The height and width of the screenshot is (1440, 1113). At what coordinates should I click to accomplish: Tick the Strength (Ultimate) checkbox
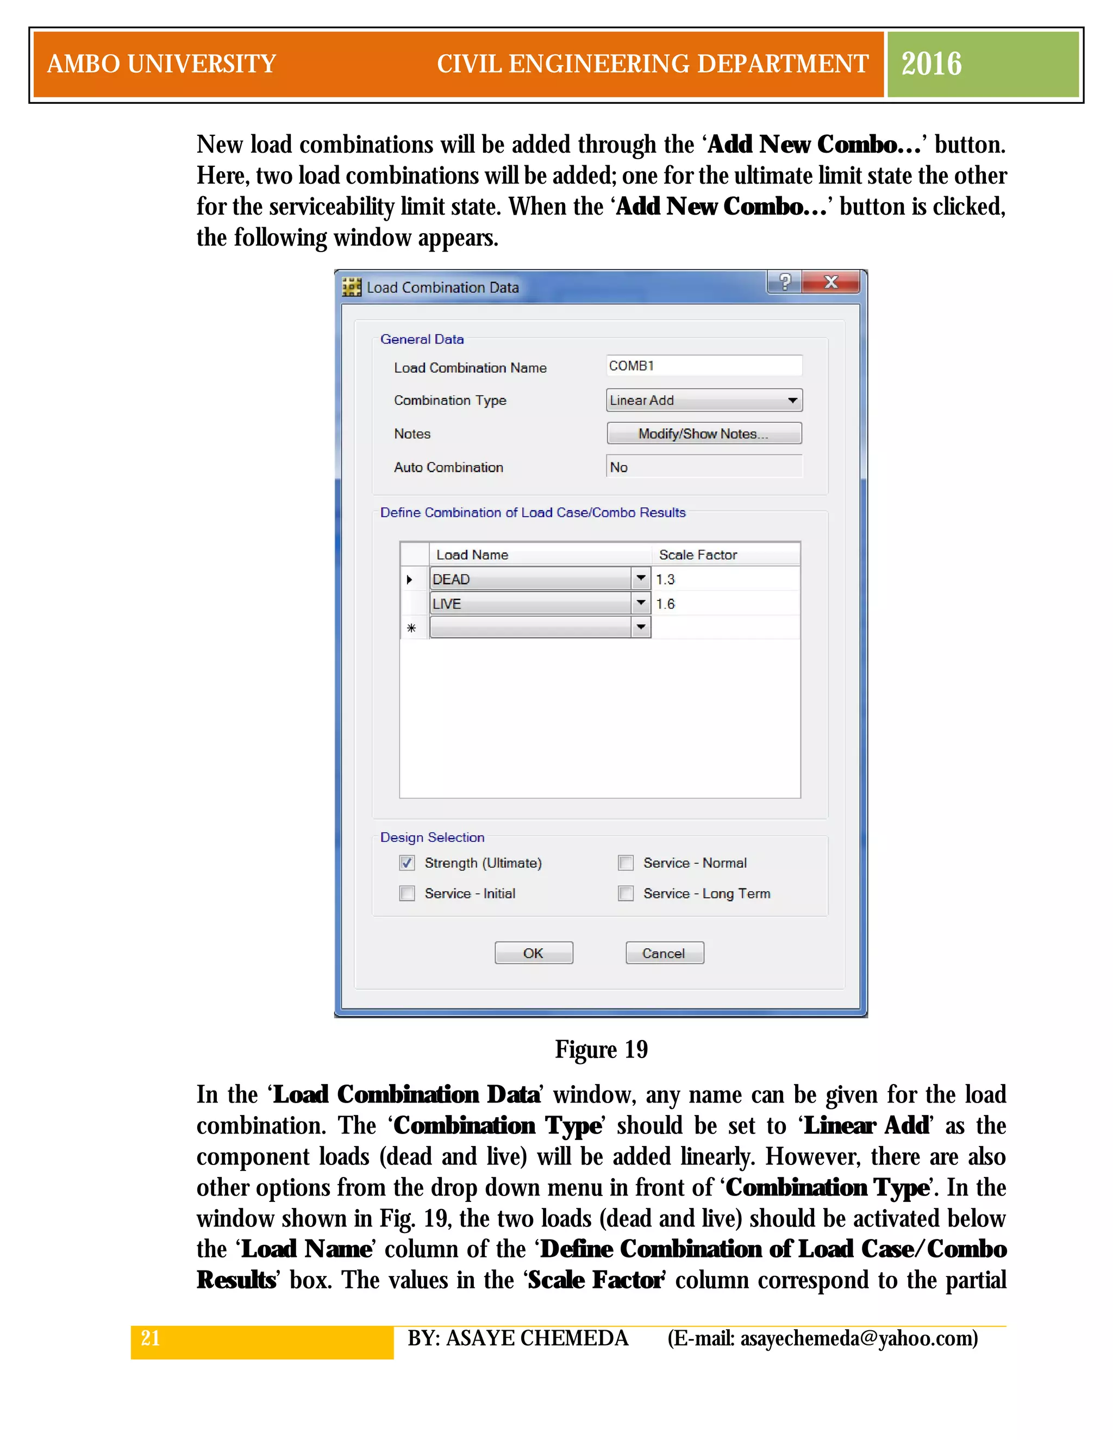click(x=408, y=862)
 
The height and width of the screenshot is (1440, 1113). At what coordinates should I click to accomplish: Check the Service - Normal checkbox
click(x=626, y=862)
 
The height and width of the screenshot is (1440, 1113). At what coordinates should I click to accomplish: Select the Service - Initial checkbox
click(x=408, y=893)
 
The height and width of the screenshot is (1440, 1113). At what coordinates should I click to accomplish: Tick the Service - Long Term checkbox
click(x=626, y=893)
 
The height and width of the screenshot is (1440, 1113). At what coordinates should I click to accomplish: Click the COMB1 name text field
click(x=704, y=366)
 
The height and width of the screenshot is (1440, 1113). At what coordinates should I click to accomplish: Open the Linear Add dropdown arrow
click(x=792, y=400)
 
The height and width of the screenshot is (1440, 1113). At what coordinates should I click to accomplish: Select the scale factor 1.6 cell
click(x=726, y=604)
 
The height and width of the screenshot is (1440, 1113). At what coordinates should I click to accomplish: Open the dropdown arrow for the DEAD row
click(x=640, y=578)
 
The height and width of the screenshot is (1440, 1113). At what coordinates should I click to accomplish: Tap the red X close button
click(x=831, y=282)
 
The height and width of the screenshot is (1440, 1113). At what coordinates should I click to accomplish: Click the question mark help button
click(x=785, y=282)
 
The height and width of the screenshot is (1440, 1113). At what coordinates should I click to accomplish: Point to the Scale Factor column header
click(x=698, y=554)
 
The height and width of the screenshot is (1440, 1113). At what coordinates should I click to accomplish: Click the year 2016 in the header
click(x=931, y=64)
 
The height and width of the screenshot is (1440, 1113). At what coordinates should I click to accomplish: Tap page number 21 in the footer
click(x=151, y=1338)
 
